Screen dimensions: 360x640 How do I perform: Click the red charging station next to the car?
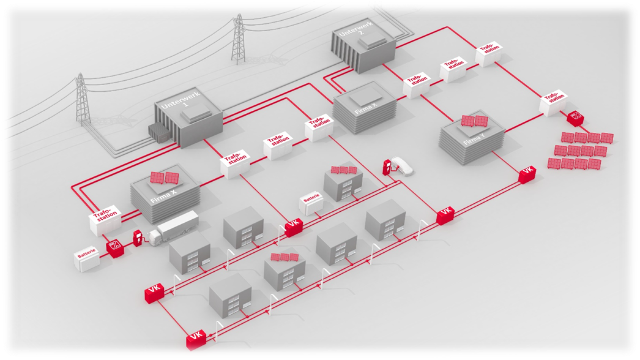(387, 166)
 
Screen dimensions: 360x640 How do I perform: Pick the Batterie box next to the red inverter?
(86, 259)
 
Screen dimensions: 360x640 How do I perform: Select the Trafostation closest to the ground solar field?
(553, 102)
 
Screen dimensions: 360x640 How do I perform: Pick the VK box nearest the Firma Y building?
(527, 176)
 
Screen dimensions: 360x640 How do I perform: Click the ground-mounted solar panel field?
(581, 151)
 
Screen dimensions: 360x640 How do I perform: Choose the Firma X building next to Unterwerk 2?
(365, 110)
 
